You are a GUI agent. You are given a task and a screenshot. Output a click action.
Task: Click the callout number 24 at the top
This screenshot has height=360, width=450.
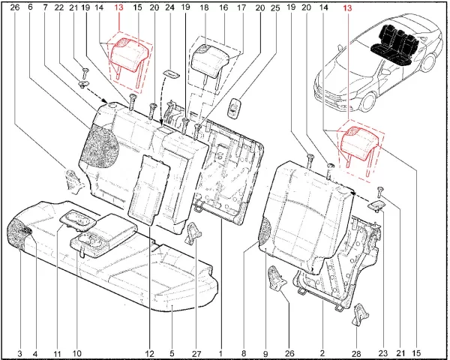pos(170,7)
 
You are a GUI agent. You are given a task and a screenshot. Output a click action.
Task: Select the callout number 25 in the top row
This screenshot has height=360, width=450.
pos(275,7)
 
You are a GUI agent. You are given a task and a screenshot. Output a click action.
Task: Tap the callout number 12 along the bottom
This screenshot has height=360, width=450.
pos(149,353)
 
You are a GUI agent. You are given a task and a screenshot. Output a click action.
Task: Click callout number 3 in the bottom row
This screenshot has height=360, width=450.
pos(19,353)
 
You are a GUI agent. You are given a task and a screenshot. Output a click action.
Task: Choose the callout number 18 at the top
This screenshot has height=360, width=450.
pos(204,7)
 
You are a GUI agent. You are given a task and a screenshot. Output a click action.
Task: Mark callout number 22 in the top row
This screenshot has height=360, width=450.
pos(58,7)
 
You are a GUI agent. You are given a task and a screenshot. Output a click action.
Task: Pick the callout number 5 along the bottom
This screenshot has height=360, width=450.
pos(172,353)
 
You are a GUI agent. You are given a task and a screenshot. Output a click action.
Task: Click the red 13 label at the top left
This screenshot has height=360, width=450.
pos(118,7)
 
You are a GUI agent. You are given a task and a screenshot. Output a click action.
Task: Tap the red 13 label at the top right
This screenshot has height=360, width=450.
pos(347,7)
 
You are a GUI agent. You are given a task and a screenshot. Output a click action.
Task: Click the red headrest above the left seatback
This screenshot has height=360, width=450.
pos(128,55)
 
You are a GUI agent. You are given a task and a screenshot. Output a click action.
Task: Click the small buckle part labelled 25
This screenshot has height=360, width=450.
pos(234,108)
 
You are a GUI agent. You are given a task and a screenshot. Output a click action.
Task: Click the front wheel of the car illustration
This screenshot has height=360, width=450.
pos(370,101)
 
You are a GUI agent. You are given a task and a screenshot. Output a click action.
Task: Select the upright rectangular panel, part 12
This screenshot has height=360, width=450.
pos(149,190)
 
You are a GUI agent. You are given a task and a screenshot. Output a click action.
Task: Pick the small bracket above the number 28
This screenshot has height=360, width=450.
pos(359,315)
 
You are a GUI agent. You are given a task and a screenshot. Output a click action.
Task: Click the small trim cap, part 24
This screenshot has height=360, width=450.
pos(172,73)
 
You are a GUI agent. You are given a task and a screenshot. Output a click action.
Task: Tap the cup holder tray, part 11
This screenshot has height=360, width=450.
pos(77,220)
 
